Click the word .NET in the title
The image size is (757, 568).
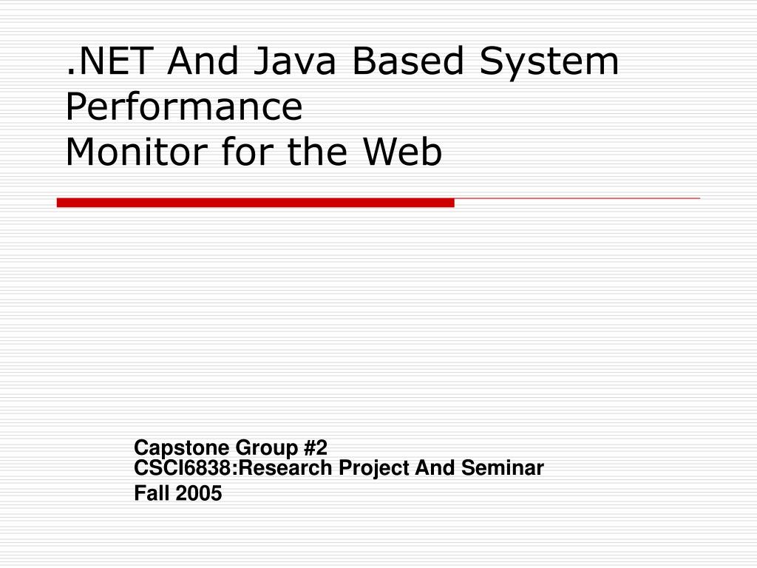pyautogui.click(x=109, y=61)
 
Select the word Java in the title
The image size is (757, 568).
pyautogui.click(x=294, y=61)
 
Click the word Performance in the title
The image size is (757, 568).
pyautogui.click(x=184, y=106)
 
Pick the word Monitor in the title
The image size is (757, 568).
pyautogui.click(x=137, y=152)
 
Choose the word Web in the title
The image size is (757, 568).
pyautogui.click(x=402, y=152)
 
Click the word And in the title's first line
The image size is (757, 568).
pyautogui.click(x=203, y=61)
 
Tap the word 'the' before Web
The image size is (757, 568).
pyautogui.click(x=317, y=152)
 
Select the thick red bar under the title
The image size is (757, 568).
pyautogui.click(x=255, y=203)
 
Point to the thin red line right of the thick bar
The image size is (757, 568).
pyautogui.click(x=577, y=198)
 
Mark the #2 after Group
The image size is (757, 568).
pyautogui.click(x=316, y=447)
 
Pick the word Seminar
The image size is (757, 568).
pyautogui.click(x=502, y=468)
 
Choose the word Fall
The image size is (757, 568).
pyautogui.click(x=152, y=493)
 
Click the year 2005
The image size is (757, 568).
pyautogui.click(x=198, y=493)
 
